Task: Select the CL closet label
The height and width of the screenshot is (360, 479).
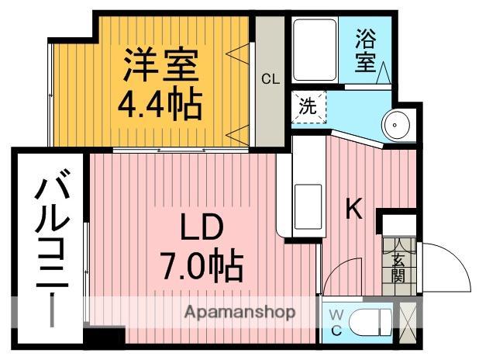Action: click(269, 78)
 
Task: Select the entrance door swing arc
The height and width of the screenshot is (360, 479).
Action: click(446, 264)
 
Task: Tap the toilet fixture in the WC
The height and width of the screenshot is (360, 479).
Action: click(369, 321)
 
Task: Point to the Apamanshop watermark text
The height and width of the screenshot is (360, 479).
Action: click(239, 313)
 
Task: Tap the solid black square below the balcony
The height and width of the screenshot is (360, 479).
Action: click(104, 337)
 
